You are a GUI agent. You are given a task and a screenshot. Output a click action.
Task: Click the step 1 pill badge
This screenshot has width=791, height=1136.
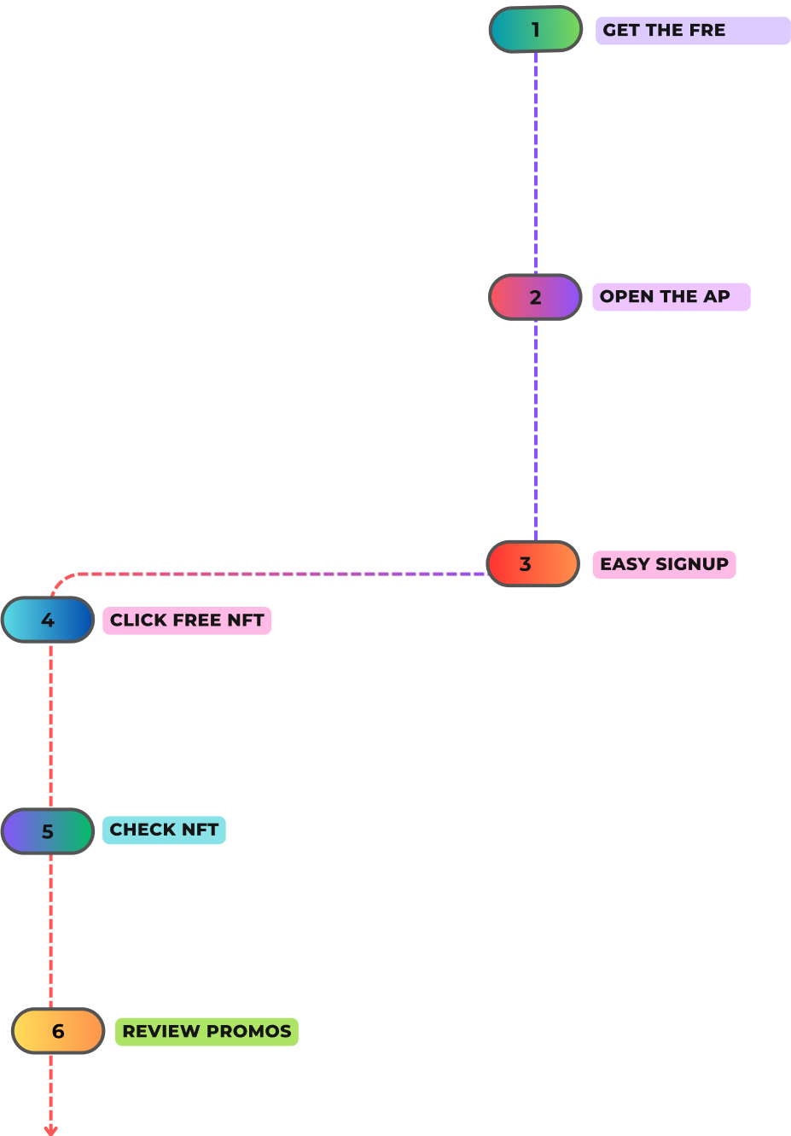[536, 29]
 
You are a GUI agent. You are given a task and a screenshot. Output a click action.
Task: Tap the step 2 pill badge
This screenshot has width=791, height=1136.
[535, 297]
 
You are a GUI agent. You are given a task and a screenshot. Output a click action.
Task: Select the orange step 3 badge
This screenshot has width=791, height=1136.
[532, 564]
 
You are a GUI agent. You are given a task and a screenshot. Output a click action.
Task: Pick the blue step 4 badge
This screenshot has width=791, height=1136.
[48, 620]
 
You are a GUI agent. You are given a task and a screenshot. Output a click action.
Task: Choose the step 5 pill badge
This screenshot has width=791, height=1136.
[48, 831]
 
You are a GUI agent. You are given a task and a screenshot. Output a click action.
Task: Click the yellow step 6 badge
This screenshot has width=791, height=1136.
[58, 1031]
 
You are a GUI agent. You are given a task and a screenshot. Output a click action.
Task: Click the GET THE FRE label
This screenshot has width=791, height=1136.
[692, 30]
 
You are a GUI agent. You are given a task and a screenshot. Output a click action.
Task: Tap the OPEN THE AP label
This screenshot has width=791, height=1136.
[671, 297]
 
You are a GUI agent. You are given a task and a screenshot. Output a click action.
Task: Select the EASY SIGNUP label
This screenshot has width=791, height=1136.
[664, 564]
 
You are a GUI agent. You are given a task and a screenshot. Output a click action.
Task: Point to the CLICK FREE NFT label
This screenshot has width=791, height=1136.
[187, 620]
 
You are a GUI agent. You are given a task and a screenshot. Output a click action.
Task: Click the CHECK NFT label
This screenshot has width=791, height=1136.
[164, 830]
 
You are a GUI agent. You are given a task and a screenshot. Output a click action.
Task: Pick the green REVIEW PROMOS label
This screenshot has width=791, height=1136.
[206, 1031]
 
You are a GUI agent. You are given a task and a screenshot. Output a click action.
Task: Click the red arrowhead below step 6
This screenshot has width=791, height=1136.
[51, 1130]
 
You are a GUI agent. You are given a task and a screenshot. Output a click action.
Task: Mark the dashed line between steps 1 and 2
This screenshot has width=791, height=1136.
[536, 162]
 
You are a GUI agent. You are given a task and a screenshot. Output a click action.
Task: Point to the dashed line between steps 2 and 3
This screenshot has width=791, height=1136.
[536, 431]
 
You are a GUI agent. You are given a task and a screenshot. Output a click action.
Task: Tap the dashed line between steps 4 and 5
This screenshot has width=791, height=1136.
[51, 725]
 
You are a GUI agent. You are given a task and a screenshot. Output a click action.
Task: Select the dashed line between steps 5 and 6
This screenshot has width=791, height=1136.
[51, 930]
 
